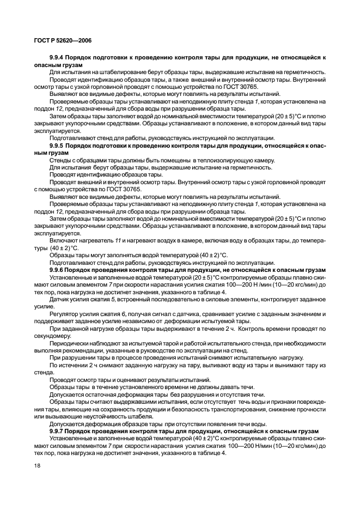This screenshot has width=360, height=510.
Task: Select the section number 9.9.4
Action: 59,57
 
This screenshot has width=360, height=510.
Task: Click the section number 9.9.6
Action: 59,269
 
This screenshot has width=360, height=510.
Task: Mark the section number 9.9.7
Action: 59,431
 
